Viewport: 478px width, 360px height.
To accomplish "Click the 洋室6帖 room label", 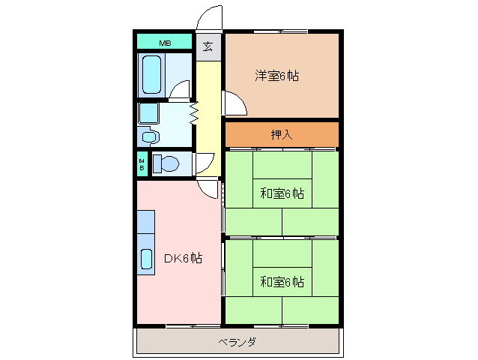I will pyautogui.click(x=277, y=76).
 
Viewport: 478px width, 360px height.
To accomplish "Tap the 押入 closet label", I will pyautogui.click(x=281, y=135).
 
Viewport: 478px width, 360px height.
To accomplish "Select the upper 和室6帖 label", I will pyautogui.click(x=282, y=193).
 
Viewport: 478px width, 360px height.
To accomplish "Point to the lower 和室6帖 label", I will pyautogui.click(x=282, y=282).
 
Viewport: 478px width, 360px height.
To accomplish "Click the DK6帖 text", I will pyautogui.click(x=182, y=259).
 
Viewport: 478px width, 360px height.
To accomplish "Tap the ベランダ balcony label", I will pyautogui.click(x=238, y=343).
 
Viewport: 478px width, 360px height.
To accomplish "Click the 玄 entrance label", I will pyautogui.click(x=208, y=46).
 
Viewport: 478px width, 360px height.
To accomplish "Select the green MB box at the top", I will pyautogui.click(x=164, y=43).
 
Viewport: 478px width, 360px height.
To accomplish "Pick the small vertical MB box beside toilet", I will pyautogui.click(x=142, y=164).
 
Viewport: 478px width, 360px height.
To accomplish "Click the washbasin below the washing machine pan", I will pyautogui.click(x=148, y=137).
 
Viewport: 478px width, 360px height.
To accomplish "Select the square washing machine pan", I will pyautogui.click(x=148, y=113).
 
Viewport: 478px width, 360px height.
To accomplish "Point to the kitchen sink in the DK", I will pyautogui.click(x=146, y=257).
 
